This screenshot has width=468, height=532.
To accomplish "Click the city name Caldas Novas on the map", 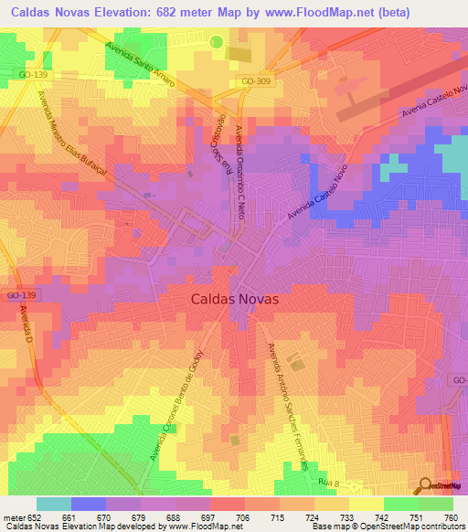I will [x=235, y=299].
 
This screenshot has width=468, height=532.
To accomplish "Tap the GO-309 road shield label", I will [x=258, y=82].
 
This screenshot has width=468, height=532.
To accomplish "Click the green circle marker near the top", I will [x=217, y=41].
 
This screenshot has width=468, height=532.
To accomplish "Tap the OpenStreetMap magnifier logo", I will [x=425, y=485].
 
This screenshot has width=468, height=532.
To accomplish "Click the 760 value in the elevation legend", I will [x=450, y=518].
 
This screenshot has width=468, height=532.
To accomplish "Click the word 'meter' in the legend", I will [x=14, y=518].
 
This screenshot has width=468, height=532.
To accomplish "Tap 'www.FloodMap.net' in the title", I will [x=312, y=13].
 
